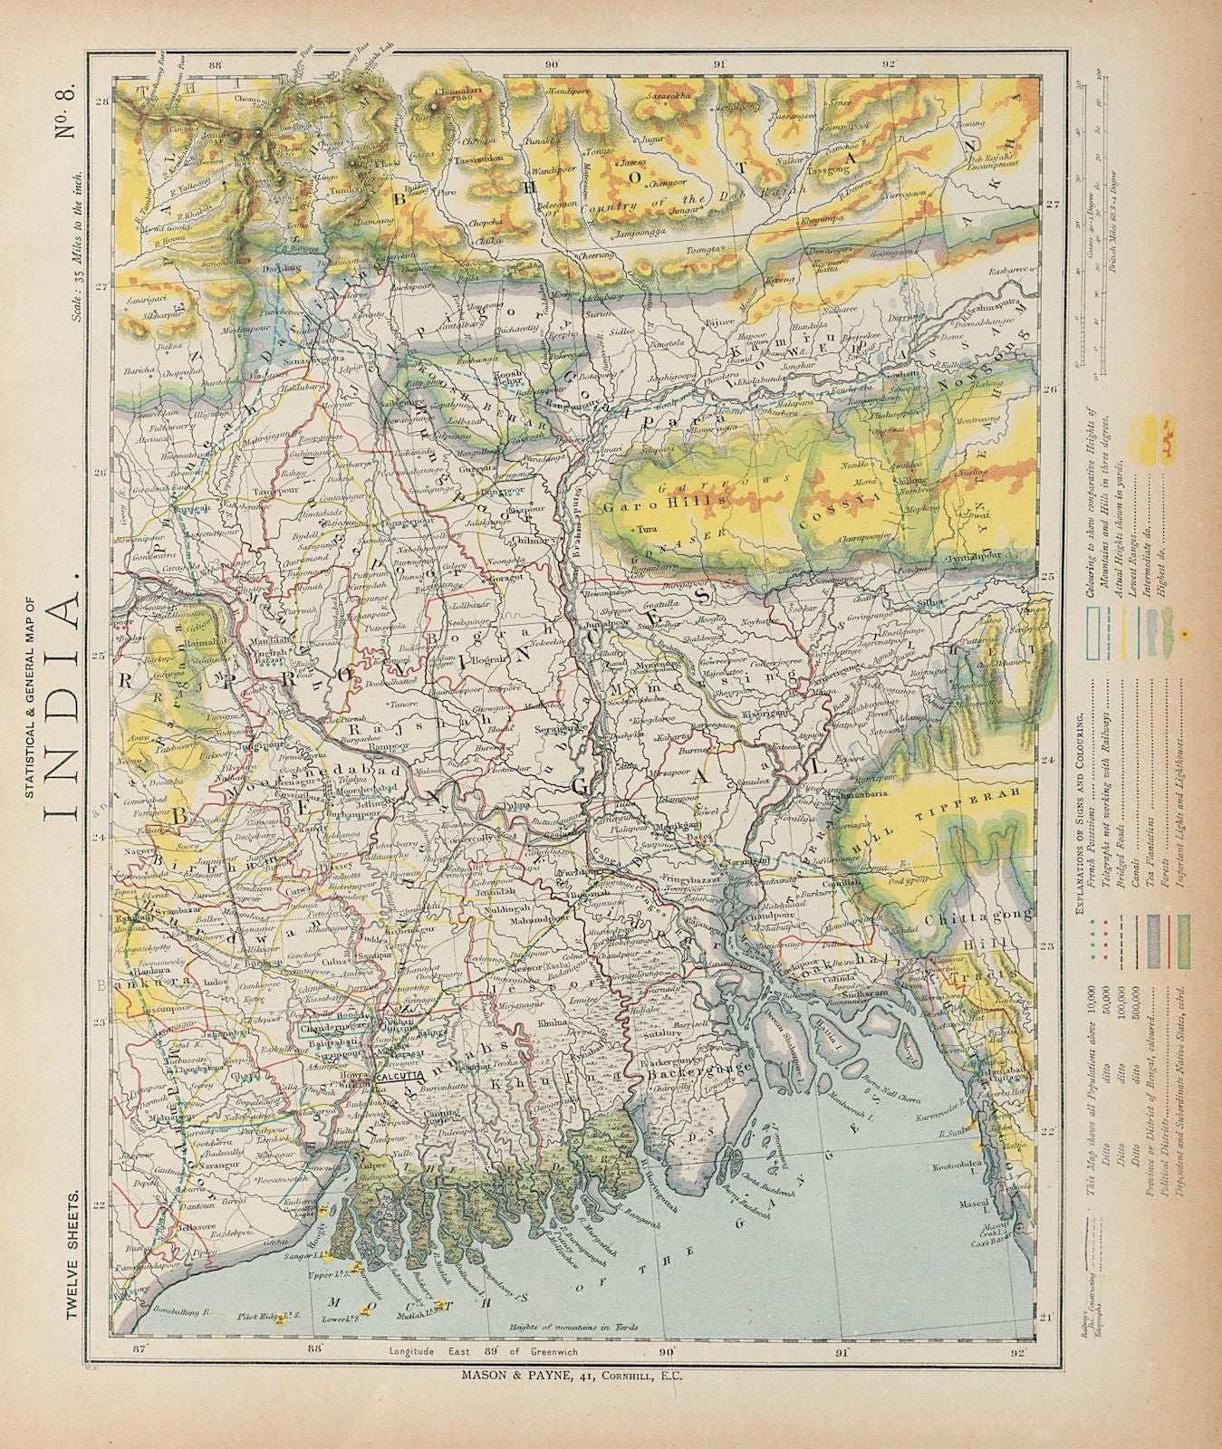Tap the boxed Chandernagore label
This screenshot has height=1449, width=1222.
point(334,1028)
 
